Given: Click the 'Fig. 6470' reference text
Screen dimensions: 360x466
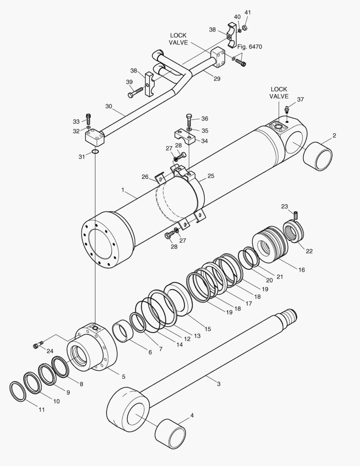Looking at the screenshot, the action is (250, 47).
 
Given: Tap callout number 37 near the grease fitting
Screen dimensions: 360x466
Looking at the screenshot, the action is (301, 99).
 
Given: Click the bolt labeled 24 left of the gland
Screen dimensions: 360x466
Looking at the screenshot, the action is (38, 345).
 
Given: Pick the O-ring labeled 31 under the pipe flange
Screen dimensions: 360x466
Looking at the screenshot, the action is (95, 152).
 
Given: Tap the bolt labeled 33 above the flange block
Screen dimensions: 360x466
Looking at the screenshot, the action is (88, 119).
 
